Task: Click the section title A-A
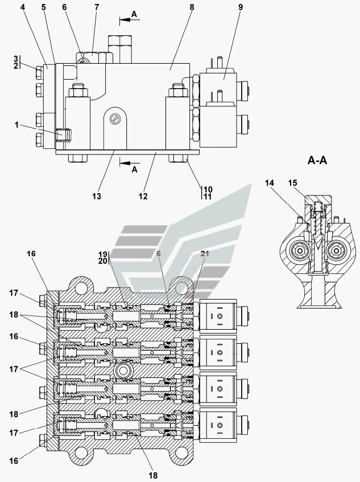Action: pos(317,160)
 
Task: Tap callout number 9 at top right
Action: pos(241,7)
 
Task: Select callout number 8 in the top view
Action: pos(192,7)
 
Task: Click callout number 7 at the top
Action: pos(97,7)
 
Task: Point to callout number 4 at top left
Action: pos(23,7)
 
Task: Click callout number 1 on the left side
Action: pos(16,125)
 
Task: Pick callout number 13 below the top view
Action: pos(96,196)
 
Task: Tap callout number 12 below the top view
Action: pos(143,196)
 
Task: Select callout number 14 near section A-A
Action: pos(269,183)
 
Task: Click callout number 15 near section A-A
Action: pos(293,183)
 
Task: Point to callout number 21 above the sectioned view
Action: pos(205,254)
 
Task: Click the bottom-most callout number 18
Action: pos(153,476)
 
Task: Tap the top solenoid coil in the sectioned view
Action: pos(218,316)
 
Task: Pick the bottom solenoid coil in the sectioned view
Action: pos(218,425)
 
